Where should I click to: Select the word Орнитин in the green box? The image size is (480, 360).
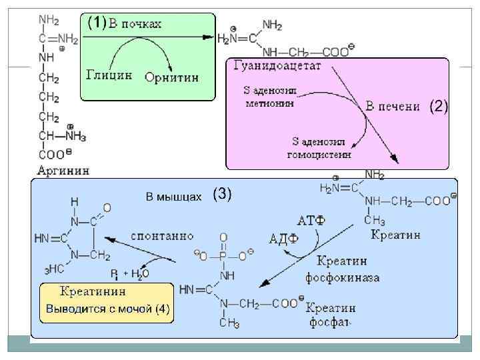[x=172, y=77]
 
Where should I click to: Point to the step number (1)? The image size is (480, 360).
[x=96, y=23]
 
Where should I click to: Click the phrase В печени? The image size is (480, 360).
[x=393, y=106]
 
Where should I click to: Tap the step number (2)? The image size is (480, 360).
[x=439, y=106]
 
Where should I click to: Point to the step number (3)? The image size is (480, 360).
[x=222, y=194]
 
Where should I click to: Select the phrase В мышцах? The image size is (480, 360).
[x=173, y=196]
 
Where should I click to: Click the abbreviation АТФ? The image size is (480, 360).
[x=311, y=220]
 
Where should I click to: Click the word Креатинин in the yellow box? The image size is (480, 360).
[x=93, y=291]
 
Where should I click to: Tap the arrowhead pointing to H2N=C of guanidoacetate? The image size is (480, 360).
[x=211, y=39]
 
